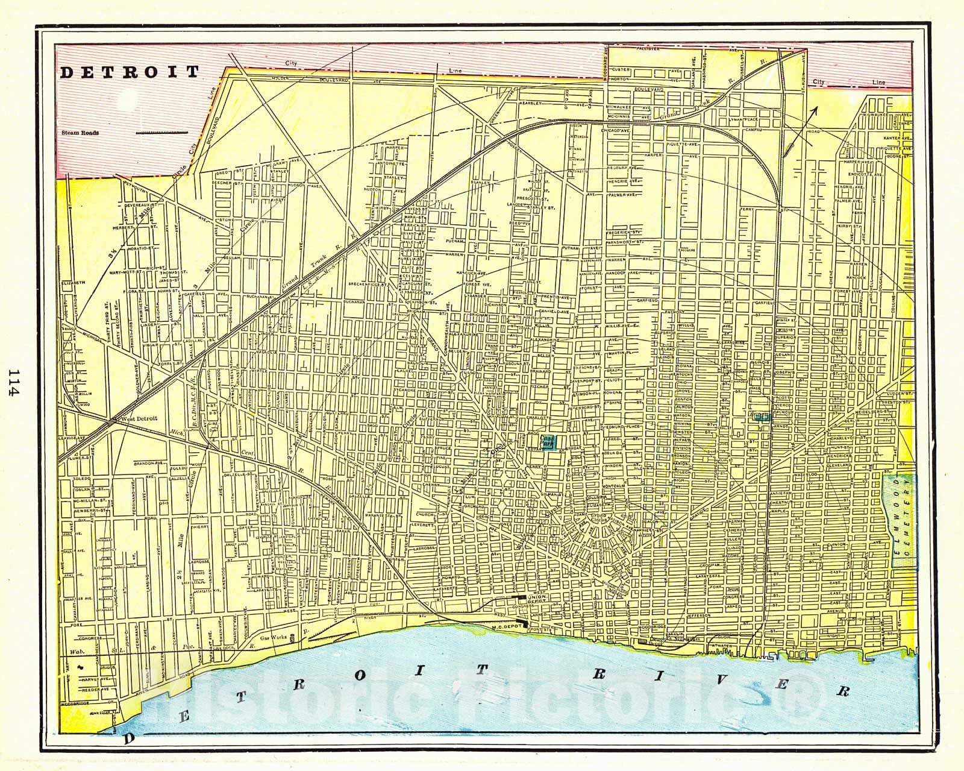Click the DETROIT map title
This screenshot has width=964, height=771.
[x=129, y=72]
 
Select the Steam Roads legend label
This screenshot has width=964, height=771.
[x=80, y=133]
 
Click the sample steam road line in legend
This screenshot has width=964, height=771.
[x=161, y=131]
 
